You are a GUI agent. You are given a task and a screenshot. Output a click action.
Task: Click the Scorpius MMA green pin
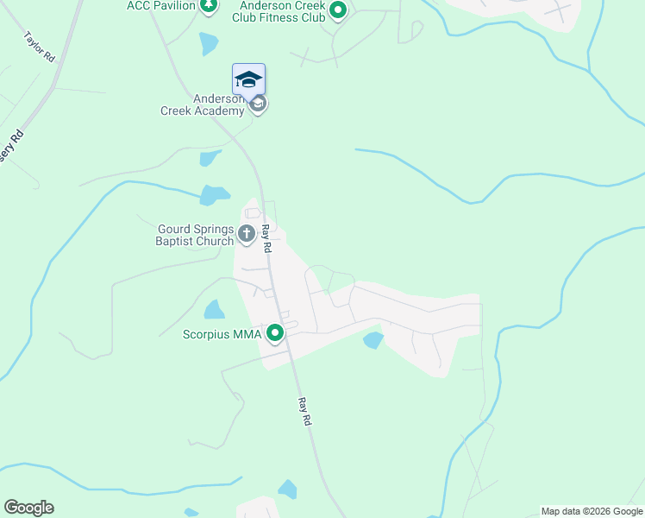(276, 332)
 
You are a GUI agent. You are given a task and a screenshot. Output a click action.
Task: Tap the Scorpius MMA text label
(223, 334)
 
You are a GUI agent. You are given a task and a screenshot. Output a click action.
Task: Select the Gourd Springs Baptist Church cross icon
(246, 232)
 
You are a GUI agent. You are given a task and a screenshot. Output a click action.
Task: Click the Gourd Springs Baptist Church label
(196, 235)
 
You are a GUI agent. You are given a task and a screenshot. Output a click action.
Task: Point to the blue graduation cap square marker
(248, 79)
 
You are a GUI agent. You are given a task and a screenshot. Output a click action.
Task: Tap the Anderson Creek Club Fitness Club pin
(338, 11)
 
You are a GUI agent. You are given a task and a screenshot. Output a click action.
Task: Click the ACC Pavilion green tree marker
(208, 6)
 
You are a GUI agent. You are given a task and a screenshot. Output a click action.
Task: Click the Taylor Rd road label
(41, 47)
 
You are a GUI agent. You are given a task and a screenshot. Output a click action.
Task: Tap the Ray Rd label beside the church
(267, 237)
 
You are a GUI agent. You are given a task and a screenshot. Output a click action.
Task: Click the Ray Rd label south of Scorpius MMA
(304, 411)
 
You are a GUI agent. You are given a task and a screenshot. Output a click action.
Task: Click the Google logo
(28, 508)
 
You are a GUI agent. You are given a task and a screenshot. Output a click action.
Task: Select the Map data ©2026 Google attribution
(592, 511)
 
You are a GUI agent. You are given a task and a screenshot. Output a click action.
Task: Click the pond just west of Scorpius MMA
(214, 309)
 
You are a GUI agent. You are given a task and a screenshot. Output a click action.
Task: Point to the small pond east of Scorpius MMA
(373, 340)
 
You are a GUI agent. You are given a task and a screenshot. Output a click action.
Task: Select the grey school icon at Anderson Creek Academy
(257, 104)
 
